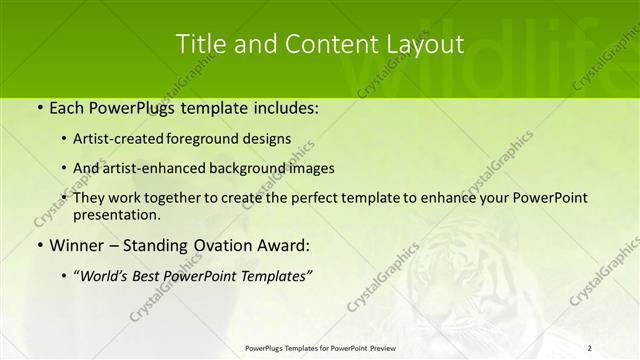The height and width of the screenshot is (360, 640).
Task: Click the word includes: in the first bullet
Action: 284,106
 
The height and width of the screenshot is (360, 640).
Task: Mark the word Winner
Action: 78,245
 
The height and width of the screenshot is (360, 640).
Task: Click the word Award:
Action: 285,245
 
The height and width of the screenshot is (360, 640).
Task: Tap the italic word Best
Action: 157,276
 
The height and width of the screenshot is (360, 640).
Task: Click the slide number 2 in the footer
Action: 590,347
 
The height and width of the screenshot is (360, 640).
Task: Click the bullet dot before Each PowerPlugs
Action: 39,106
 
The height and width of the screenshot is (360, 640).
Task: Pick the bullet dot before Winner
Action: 39,245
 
